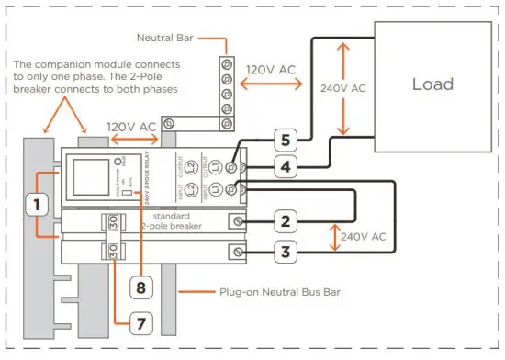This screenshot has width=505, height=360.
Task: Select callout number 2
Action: [286, 220]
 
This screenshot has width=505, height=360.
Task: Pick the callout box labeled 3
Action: [286, 252]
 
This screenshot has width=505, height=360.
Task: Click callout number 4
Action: [286, 168]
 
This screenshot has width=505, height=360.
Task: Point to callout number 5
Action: [286, 140]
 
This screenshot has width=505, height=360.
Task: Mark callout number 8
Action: [140, 286]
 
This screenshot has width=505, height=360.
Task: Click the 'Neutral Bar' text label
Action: [169, 39]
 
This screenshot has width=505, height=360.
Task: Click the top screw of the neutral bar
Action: [225, 63]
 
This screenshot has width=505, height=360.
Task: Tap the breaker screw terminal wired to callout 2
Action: [241, 221]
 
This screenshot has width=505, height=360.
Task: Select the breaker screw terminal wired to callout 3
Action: [241, 251]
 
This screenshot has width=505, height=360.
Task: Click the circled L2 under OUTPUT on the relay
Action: [191, 163]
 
